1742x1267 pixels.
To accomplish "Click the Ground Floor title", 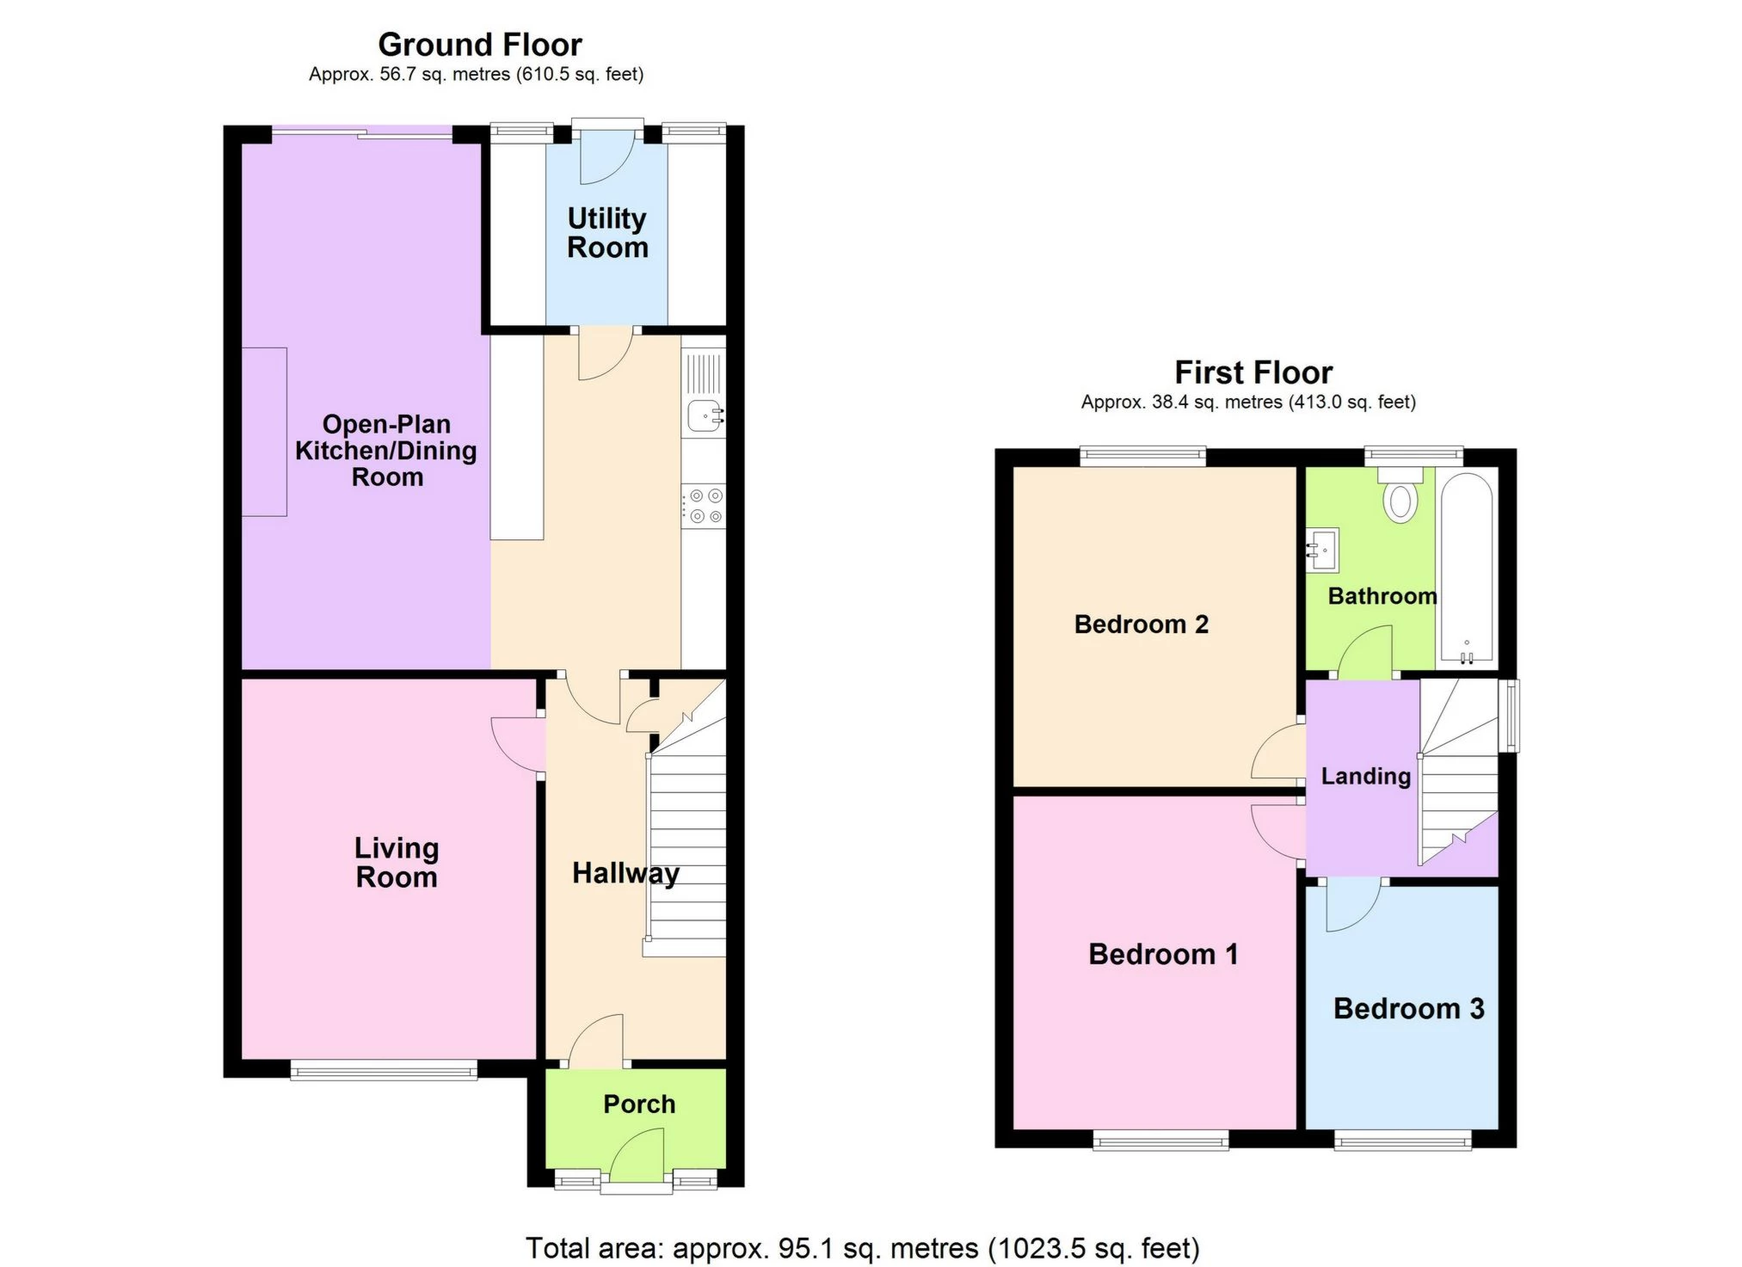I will (x=479, y=45).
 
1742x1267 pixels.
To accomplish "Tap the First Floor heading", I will (x=1253, y=372).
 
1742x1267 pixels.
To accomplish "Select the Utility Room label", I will (x=606, y=233).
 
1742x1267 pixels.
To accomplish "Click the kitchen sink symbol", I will (x=705, y=416).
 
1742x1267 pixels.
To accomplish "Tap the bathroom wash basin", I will (x=1323, y=550).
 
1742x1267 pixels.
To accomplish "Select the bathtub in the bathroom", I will (x=1467, y=568).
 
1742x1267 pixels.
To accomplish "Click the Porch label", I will (x=638, y=1104).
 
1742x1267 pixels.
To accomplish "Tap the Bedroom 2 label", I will (x=1141, y=624).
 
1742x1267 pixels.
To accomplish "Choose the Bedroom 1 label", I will (x=1162, y=954).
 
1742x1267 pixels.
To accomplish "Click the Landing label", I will (x=1365, y=776).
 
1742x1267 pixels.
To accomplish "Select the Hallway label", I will (x=625, y=873).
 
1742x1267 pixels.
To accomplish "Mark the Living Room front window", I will (x=383, y=1070).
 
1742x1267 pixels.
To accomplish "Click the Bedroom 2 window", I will (x=1142, y=456).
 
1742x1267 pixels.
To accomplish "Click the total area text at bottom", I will (x=862, y=1248).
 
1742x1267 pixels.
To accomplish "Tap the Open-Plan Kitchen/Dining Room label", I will (x=385, y=450).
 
